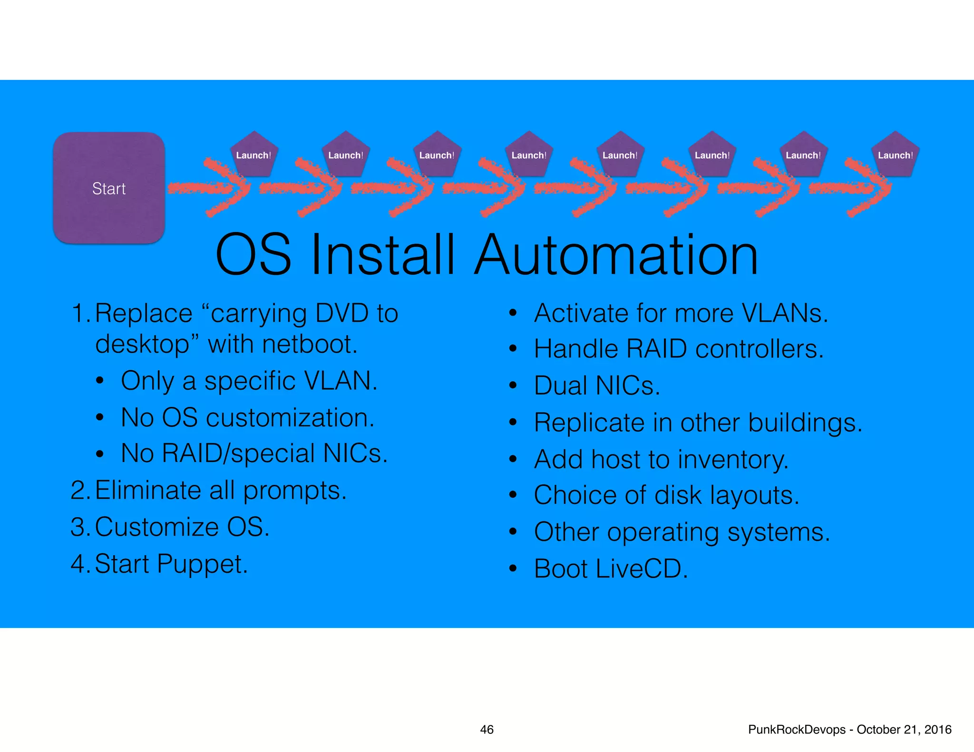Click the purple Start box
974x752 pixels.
pyautogui.click(x=109, y=188)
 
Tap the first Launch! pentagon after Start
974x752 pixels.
pyautogui.click(x=254, y=154)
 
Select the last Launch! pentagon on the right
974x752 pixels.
pyautogui.click(x=895, y=154)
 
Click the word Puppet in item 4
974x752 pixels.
pyautogui.click(x=202, y=564)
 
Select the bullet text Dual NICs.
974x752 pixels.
pyautogui.click(x=597, y=386)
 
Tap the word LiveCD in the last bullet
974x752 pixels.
pyautogui.click(x=642, y=569)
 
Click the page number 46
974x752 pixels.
pyautogui.click(x=487, y=730)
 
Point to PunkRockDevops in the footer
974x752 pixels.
pyautogui.click(x=797, y=730)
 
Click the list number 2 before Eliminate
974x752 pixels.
pyautogui.click(x=78, y=490)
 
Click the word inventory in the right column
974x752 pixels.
pyautogui.click(x=733, y=460)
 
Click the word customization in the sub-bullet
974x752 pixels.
pyautogui.click(x=290, y=417)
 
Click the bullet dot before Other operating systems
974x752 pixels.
pyautogui.click(x=513, y=532)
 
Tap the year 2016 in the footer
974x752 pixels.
pyautogui.click(x=937, y=730)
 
